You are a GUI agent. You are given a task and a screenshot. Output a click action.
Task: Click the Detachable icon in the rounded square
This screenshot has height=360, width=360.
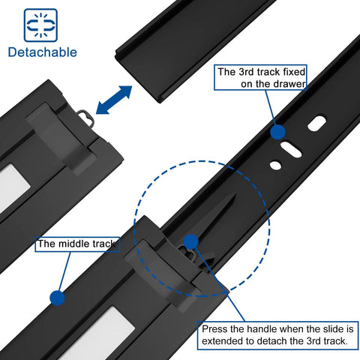40,25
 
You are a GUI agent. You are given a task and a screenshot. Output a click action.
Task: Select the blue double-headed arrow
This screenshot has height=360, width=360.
113,100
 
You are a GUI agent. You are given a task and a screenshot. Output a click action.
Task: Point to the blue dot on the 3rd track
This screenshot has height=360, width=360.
277,132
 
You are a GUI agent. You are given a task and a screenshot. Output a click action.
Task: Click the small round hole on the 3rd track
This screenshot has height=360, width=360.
277,165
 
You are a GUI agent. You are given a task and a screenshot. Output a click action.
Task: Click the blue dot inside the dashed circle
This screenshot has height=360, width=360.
190,241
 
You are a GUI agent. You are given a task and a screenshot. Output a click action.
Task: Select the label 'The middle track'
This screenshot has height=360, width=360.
77,244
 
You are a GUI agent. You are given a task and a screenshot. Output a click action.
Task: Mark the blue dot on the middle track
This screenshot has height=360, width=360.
55,298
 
